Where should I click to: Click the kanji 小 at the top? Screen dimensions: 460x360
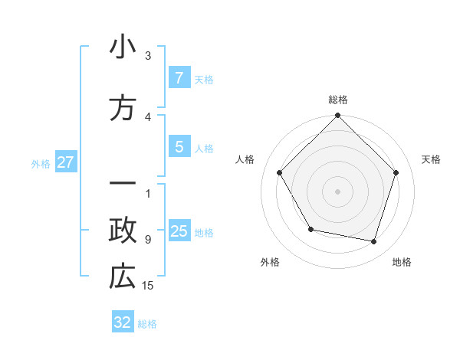click(123, 47)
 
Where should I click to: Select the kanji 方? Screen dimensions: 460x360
click(123, 109)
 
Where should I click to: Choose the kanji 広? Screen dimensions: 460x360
click(123, 277)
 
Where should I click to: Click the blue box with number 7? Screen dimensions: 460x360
click(179, 77)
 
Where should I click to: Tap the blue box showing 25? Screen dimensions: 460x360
click(179, 231)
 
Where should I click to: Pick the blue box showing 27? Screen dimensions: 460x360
click(65, 162)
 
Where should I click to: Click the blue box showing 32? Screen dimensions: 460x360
click(123, 322)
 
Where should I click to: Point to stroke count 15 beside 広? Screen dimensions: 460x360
click(149, 286)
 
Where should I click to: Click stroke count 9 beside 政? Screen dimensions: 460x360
click(148, 240)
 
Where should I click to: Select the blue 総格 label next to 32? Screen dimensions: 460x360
click(147, 324)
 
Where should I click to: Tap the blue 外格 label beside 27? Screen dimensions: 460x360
click(41, 163)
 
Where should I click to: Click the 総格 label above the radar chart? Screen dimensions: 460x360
click(338, 100)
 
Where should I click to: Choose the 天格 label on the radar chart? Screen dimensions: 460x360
click(432, 159)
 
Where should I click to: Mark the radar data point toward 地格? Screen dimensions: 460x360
click(373, 241)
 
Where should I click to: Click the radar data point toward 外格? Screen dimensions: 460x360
click(310, 229)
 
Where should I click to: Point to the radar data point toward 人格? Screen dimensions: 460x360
click(279, 172)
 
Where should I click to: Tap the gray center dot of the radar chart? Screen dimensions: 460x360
click(338, 191)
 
